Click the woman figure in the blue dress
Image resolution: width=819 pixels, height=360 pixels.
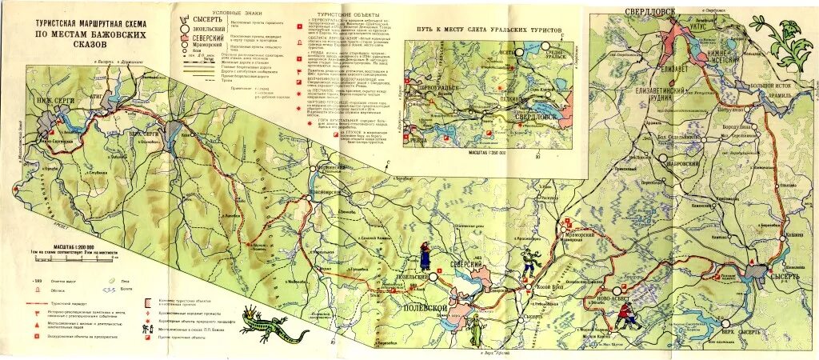tap(425, 254)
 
